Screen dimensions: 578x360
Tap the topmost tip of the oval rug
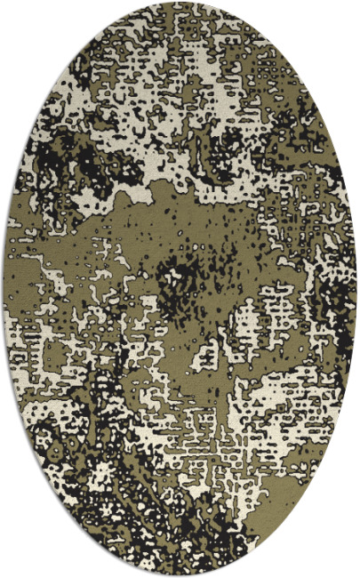click(180, 3)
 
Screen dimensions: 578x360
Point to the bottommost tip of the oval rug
click(180, 575)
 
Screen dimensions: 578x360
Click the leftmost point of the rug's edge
click(3, 289)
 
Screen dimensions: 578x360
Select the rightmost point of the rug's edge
click(357, 289)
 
